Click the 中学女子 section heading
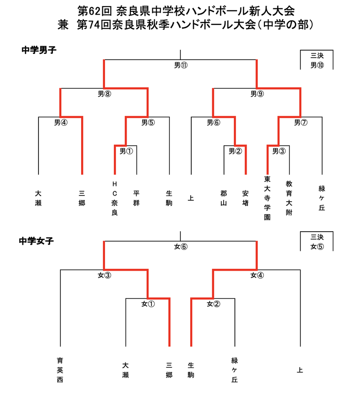[x=37, y=242]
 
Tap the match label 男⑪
[x=180, y=65]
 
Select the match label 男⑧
[x=104, y=94]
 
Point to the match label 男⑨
[x=257, y=94]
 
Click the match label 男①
[x=126, y=151]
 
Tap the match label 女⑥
[x=180, y=247]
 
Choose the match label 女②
[x=213, y=304]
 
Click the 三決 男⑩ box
[x=317, y=60]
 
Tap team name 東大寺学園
[x=267, y=198]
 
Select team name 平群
[x=136, y=198]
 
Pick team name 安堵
[x=245, y=198]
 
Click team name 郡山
[x=224, y=198]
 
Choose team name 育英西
[x=60, y=370]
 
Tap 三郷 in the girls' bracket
[x=169, y=370]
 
